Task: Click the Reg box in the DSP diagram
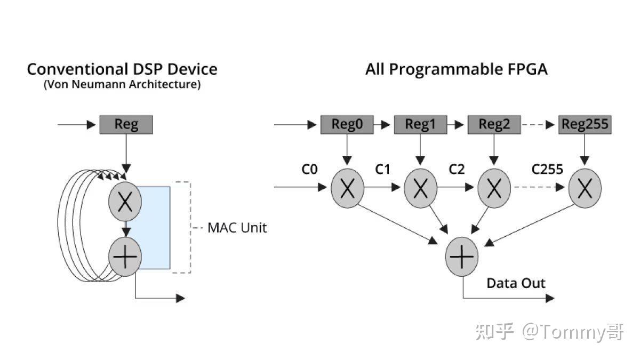coord(126,125)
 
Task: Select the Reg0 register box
coord(347,125)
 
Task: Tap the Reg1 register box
coord(420,125)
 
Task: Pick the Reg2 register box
coord(494,125)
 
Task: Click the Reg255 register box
coord(585,125)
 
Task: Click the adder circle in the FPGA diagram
coord(462,258)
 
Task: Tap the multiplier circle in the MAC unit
coord(125,201)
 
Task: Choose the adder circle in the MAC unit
coord(125,257)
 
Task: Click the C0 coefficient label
coord(309,170)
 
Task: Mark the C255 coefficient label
coord(547,170)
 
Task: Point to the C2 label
coord(457,170)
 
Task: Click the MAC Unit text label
coord(237,228)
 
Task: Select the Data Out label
coord(516,283)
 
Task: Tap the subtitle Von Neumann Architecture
coord(122,85)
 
